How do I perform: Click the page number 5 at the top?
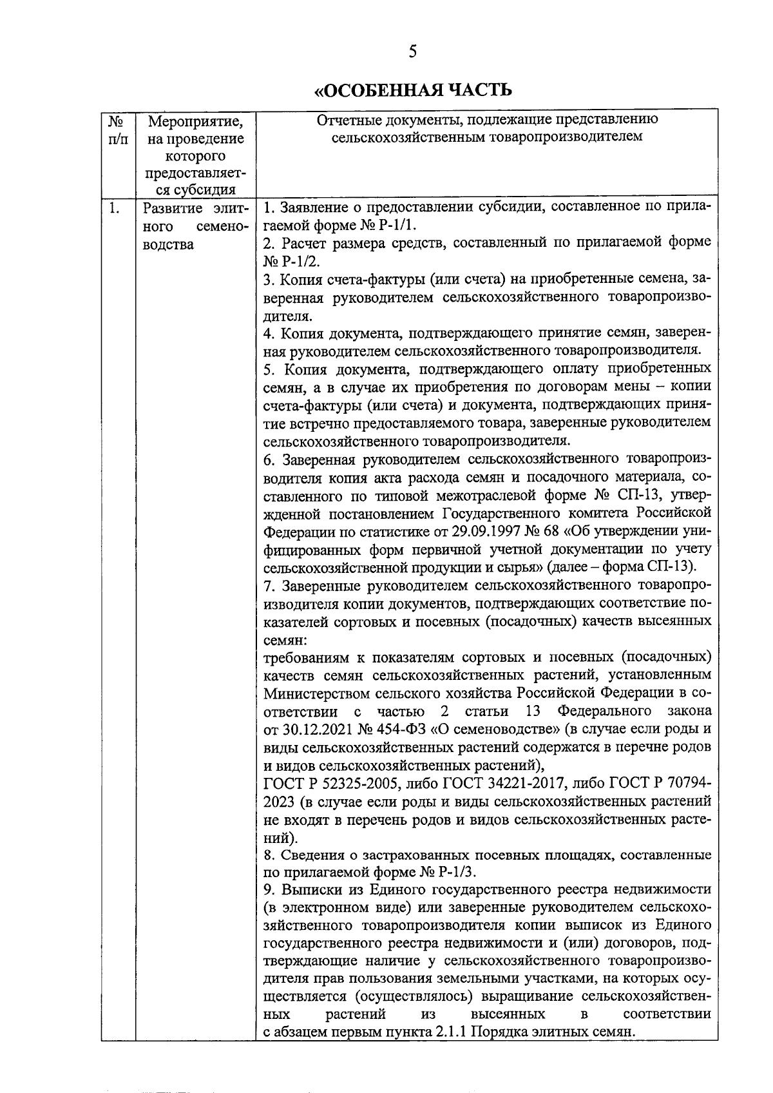[x=412, y=51]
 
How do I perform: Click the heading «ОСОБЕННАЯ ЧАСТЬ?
[x=412, y=90]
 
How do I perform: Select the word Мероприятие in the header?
[x=196, y=121]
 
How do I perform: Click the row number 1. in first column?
[x=115, y=208]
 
